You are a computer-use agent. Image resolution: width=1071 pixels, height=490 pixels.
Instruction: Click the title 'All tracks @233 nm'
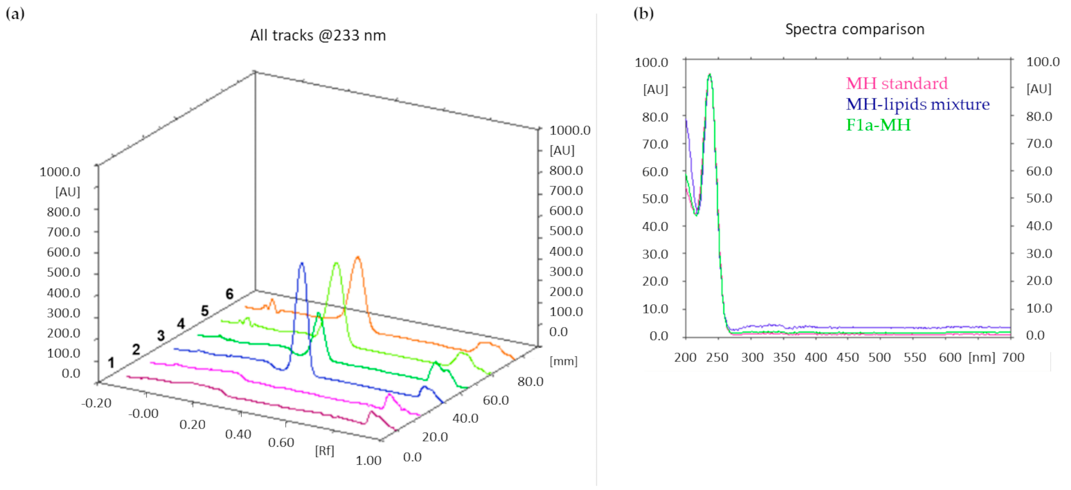coord(318,35)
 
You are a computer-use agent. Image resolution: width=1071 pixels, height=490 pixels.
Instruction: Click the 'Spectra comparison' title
coord(854,29)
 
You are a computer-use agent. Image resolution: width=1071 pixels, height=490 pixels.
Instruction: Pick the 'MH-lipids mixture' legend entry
coord(918,104)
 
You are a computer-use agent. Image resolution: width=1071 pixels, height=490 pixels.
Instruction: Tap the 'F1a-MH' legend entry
coord(878,125)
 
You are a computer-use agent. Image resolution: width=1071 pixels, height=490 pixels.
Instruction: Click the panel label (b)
coord(643,14)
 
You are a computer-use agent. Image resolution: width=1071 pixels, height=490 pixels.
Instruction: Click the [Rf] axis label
coord(324,450)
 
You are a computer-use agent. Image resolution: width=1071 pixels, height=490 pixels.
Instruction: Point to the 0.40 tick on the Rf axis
coord(238,434)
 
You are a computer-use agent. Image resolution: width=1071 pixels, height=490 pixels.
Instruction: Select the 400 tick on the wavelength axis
coord(816,357)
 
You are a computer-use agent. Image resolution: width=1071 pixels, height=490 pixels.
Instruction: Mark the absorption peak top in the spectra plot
coord(710,75)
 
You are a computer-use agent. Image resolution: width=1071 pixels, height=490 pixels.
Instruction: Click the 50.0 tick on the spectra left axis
coord(655,199)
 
